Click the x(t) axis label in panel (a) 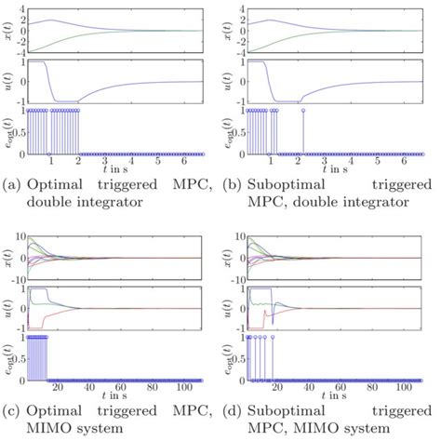(x=9, y=30)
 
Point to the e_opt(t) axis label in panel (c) (x=9, y=354)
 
